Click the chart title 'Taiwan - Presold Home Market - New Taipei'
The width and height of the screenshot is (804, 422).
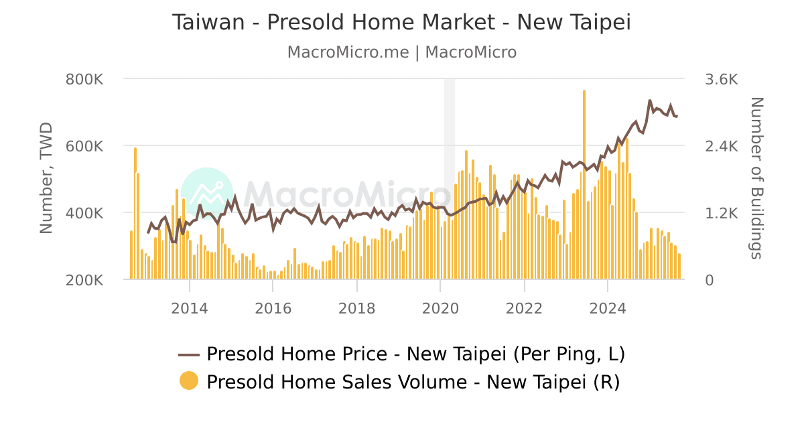tap(402, 22)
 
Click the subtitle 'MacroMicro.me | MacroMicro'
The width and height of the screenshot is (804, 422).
tap(402, 52)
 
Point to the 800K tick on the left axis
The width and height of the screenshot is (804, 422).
tap(84, 80)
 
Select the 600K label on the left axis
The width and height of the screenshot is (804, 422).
tap(84, 147)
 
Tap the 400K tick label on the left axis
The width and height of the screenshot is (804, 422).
tap(84, 214)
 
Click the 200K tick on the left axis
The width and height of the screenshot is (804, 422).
tap(84, 281)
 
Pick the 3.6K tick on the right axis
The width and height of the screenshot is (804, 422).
tap(722, 80)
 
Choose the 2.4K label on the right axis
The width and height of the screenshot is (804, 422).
tap(722, 147)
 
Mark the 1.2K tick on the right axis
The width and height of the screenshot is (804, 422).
tap(722, 214)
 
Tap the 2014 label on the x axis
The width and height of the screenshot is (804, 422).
tap(190, 308)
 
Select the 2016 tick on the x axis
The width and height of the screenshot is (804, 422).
tap(273, 308)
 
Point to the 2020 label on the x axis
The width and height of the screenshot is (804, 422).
tap(440, 308)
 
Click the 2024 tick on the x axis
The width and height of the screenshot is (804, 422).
tap(607, 308)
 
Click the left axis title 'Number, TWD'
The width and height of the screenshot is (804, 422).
tap(46, 178)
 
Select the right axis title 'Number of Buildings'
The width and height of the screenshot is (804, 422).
tap(756, 178)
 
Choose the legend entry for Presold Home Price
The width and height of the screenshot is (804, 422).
tap(402, 354)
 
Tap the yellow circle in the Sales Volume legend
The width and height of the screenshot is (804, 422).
tap(189, 381)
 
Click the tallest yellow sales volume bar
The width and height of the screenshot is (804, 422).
tap(584, 184)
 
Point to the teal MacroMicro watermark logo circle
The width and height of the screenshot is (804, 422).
tap(207, 194)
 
